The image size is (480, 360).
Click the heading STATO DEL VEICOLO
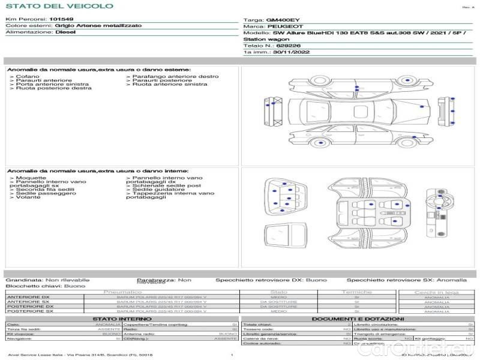[59, 6]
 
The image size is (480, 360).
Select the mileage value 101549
[61, 19]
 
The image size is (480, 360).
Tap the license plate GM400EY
[279, 20]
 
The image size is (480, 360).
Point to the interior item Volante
[28, 197]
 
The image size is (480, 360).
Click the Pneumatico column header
[122, 292]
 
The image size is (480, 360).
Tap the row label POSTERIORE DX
[30, 307]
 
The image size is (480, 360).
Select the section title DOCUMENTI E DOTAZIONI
[358, 319]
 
